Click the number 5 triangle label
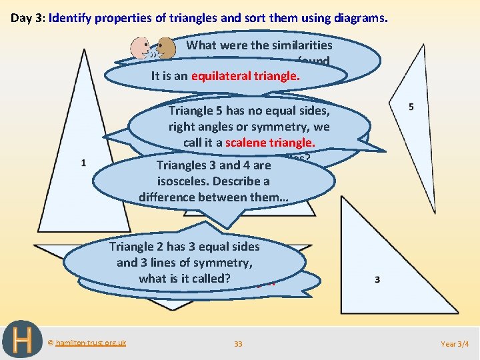coord(411,107)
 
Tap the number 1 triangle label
coord(83,163)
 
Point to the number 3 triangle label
coord(377,279)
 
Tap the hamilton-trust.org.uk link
coord(91,343)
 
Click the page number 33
coord(238,344)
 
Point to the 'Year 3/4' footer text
coord(455,344)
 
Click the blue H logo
coord(23,340)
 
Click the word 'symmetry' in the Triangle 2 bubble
coord(228,262)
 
